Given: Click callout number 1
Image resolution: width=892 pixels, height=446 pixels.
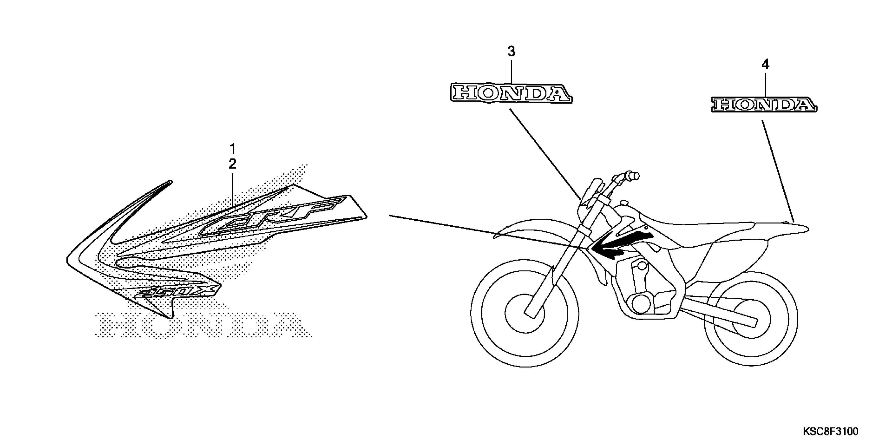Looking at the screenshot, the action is (232, 149).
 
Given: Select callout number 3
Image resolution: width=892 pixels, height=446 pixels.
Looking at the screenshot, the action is (511, 52).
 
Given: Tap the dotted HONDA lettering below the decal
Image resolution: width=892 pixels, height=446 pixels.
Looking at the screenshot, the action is (204, 326).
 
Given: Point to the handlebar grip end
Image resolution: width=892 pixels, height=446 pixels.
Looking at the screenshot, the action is (635, 176).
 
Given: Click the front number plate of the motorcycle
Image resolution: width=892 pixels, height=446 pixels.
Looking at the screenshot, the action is (589, 204).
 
